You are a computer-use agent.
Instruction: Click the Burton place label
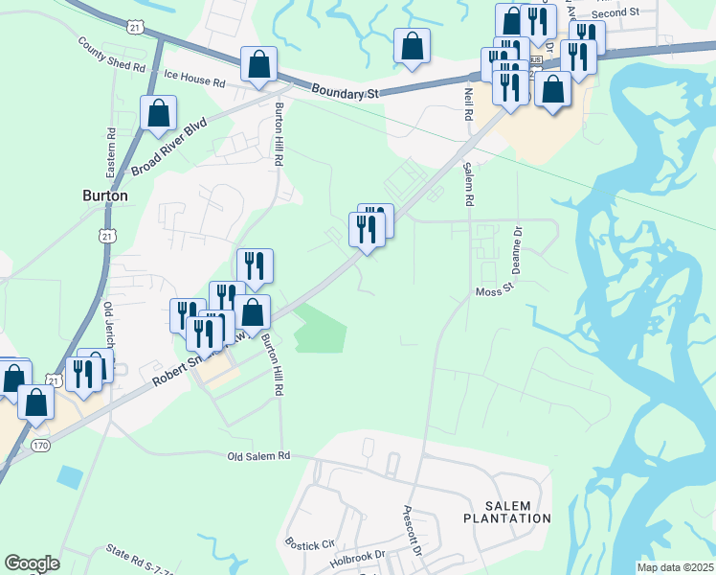pos(104,195)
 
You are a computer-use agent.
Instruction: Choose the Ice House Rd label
pos(193,73)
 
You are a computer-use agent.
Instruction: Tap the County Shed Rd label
pos(111,57)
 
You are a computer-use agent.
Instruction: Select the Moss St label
pos(495,288)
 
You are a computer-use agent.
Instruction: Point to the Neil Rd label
pos(469,103)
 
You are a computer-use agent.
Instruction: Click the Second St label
pos(615,12)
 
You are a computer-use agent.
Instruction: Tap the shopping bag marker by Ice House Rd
pos(258,64)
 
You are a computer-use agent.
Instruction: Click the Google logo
pos(32,563)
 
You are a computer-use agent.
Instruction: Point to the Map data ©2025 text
pos(675,567)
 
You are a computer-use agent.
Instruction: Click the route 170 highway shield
pos(39,446)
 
